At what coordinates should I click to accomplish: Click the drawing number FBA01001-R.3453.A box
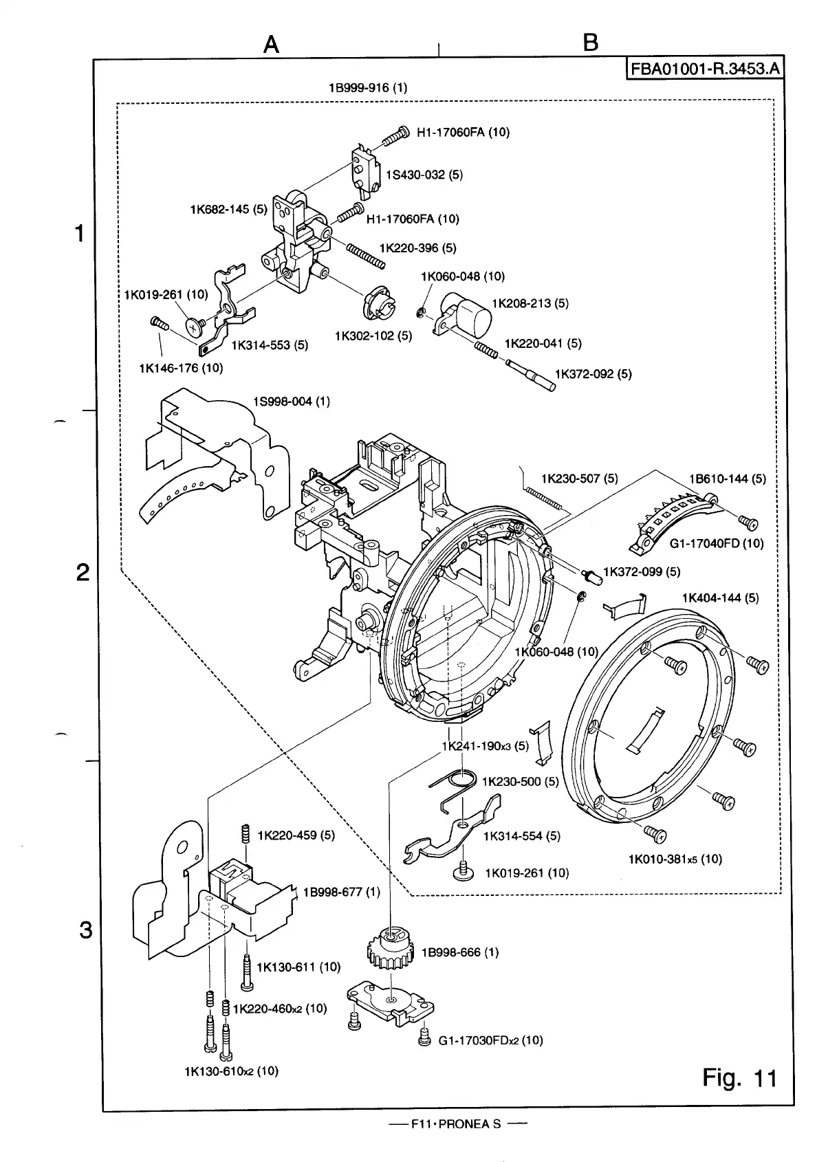[704, 69]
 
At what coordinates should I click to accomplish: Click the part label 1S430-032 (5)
[424, 175]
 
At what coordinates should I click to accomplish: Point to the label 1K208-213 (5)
[530, 303]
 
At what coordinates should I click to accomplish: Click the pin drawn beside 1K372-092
[534, 375]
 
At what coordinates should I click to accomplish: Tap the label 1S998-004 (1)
[292, 402]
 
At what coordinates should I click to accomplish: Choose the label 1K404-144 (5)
[720, 598]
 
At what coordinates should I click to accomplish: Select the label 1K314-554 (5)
[521, 836]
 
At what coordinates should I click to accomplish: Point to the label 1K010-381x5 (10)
[675, 859]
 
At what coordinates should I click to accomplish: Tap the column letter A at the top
[272, 45]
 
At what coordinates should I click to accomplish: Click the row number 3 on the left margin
[85, 930]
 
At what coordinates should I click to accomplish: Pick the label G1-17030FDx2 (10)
[490, 1040]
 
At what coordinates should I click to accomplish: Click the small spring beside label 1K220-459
[244, 835]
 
